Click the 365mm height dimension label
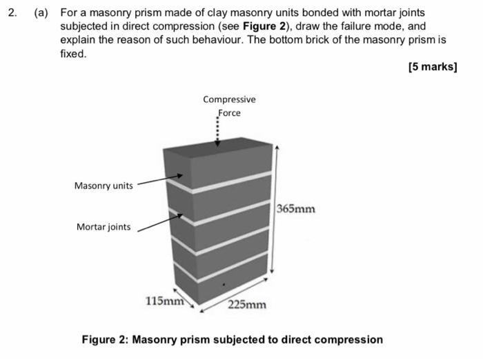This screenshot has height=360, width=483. [x=296, y=208]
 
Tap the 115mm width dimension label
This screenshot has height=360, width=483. [x=164, y=301]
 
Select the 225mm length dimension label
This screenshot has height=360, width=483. [x=247, y=305]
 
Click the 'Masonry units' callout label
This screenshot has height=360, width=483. [x=103, y=186]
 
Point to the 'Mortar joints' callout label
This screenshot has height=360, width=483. [x=103, y=227]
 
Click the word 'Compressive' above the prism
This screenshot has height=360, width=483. [x=229, y=99]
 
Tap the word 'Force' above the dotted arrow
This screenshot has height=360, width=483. [x=229, y=112]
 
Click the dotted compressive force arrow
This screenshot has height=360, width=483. [x=218, y=131]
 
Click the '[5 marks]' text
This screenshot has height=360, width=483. [x=433, y=67]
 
